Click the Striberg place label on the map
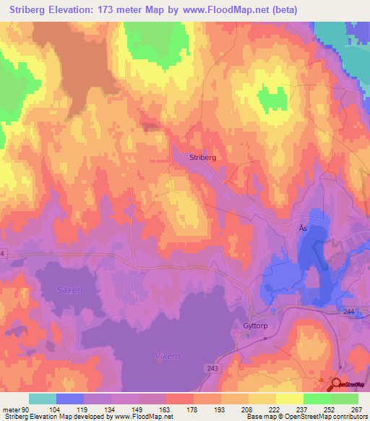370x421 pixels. (202, 156)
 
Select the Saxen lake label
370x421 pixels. (70, 289)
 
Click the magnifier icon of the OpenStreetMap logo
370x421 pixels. (337, 386)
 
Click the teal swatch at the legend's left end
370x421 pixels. (43, 399)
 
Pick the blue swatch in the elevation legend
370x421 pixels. (70, 399)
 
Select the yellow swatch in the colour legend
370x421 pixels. (262, 399)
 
